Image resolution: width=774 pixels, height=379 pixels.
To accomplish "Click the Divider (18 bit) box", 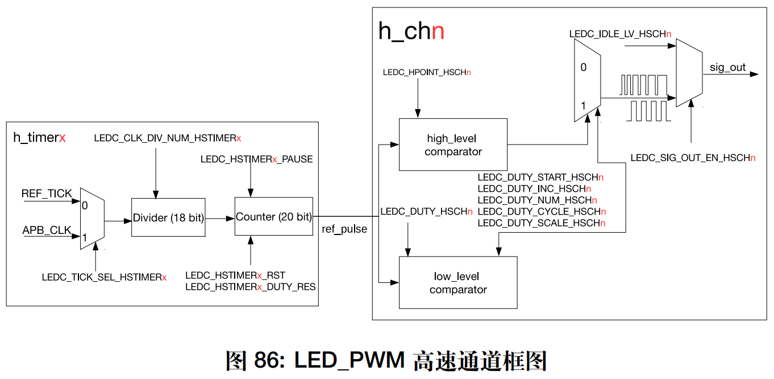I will tap(168, 217).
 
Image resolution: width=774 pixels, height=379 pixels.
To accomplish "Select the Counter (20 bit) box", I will tap(273, 217).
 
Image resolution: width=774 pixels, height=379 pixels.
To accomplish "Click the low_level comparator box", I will tap(458, 283).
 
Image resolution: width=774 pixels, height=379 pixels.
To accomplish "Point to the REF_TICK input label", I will tap(47, 193).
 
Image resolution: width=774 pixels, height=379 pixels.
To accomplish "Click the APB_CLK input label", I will tap(47, 230).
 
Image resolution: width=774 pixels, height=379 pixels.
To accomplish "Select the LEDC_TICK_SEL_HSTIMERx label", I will tap(104, 277).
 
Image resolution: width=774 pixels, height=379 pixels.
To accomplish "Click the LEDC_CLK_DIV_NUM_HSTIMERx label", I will tap(167, 138).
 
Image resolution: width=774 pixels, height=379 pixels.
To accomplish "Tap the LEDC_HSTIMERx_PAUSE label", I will tap(256, 159).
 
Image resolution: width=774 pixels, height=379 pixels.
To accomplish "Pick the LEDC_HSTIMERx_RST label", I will tap(235, 275).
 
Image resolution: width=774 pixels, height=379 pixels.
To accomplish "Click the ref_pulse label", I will tap(344, 229).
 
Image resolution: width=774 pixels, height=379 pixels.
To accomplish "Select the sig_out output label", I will tap(727, 68).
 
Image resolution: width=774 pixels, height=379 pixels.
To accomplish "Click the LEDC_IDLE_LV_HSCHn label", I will tap(620, 34).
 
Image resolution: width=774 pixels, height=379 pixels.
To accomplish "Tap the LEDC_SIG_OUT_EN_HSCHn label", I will tap(693, 158).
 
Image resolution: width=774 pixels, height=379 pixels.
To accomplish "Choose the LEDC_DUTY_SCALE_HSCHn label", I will tap(541, 223).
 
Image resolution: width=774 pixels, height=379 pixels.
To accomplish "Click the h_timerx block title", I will tap(39, 138).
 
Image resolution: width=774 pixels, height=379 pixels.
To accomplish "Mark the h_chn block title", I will tap(411, 32).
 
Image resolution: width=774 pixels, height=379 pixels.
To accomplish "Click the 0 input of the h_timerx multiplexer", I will tap(85, 205).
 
